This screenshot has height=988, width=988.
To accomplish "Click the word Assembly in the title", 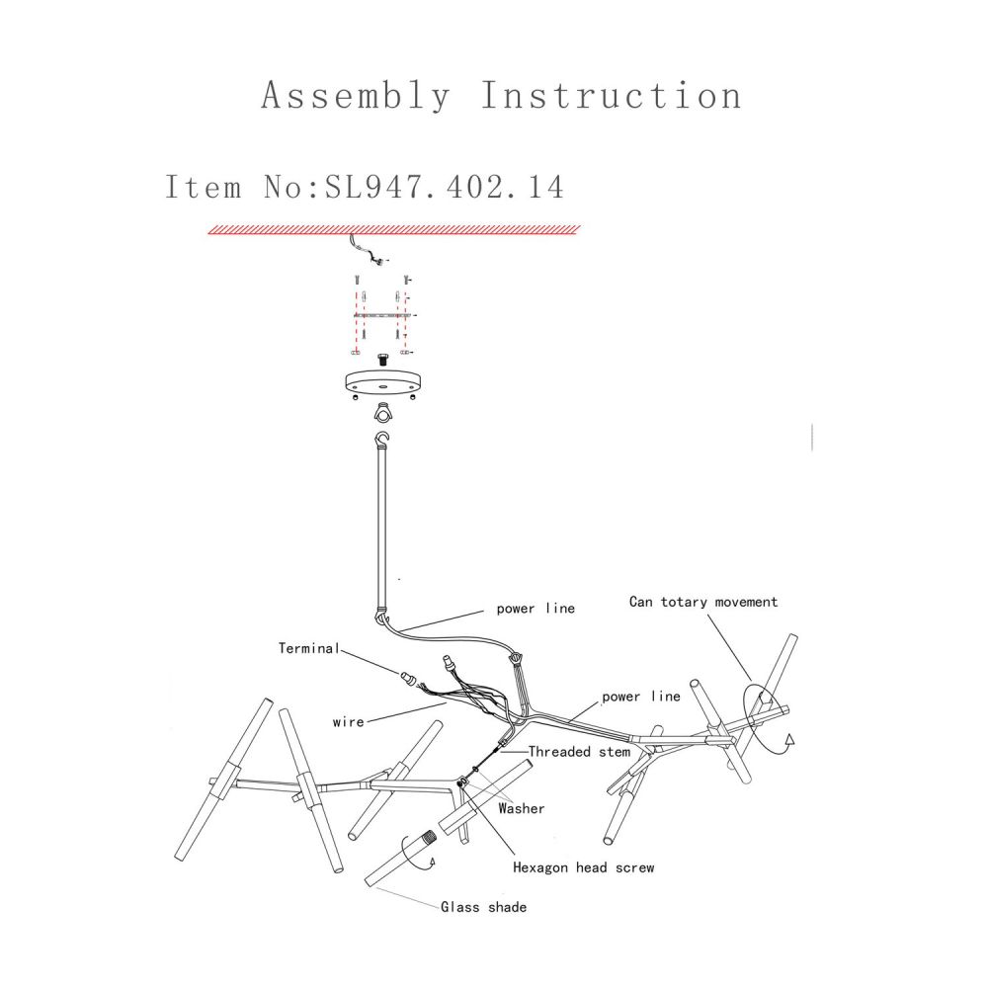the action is (356, 97).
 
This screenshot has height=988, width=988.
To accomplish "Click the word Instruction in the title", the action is (612, 95).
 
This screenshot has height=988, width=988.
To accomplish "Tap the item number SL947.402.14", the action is (445, 187).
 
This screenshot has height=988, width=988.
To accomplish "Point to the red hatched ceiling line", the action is (394, 230).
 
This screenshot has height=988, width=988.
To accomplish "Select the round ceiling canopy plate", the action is (382, 383).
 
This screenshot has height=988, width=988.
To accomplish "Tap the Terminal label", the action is (308, 648).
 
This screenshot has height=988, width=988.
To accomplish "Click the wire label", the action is (349, 722).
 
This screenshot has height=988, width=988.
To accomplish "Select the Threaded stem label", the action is (579, 752).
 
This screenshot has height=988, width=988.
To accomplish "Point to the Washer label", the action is (521, 808).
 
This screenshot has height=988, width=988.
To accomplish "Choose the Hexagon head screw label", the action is (584, 867).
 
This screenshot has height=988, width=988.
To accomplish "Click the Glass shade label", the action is (483, 907).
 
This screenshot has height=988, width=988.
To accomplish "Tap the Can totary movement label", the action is (703, 602).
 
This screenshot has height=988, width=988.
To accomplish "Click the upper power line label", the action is (535, 608).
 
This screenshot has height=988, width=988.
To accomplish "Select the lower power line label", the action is (641, 697).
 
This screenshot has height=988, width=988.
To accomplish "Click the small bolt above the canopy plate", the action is (382, 360).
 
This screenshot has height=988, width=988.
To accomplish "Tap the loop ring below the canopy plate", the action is (381, 413).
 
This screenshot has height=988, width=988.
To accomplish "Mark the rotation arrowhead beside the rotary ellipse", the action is (789, 740).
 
